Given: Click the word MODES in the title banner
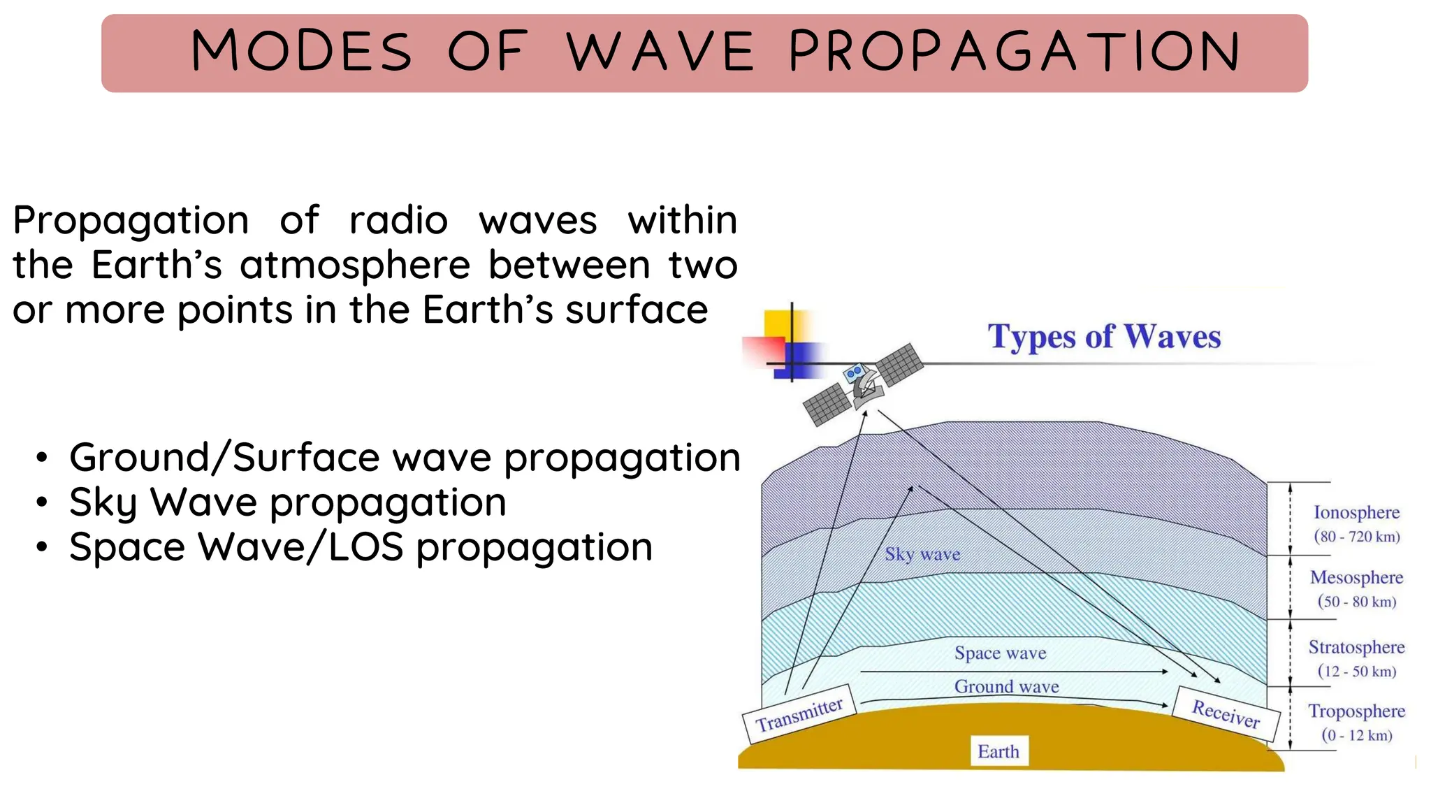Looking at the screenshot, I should (302, 51).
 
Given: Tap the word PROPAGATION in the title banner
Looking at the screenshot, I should (1015, 51).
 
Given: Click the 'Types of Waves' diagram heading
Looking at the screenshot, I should (1104, 337).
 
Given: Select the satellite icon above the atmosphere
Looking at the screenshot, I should (864, 384).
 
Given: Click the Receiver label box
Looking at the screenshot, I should (1226, 713).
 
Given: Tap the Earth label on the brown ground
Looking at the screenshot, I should (998, 751).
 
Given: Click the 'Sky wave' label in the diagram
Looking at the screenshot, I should (922, 554).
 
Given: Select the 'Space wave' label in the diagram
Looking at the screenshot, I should (1001, 653).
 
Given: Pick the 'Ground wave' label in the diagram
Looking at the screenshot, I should (1007, 686).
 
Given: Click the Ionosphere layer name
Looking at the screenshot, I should (1356, 512).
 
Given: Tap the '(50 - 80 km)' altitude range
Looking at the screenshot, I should (1357, 602).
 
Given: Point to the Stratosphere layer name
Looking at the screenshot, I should (1356, 647).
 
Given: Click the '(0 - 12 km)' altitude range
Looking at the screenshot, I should (1357, 735).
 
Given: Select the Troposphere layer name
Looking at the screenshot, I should (1356, 711).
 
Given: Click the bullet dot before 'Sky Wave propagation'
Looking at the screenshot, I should (43, 502).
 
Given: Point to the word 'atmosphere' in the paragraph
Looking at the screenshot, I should (355, 266).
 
